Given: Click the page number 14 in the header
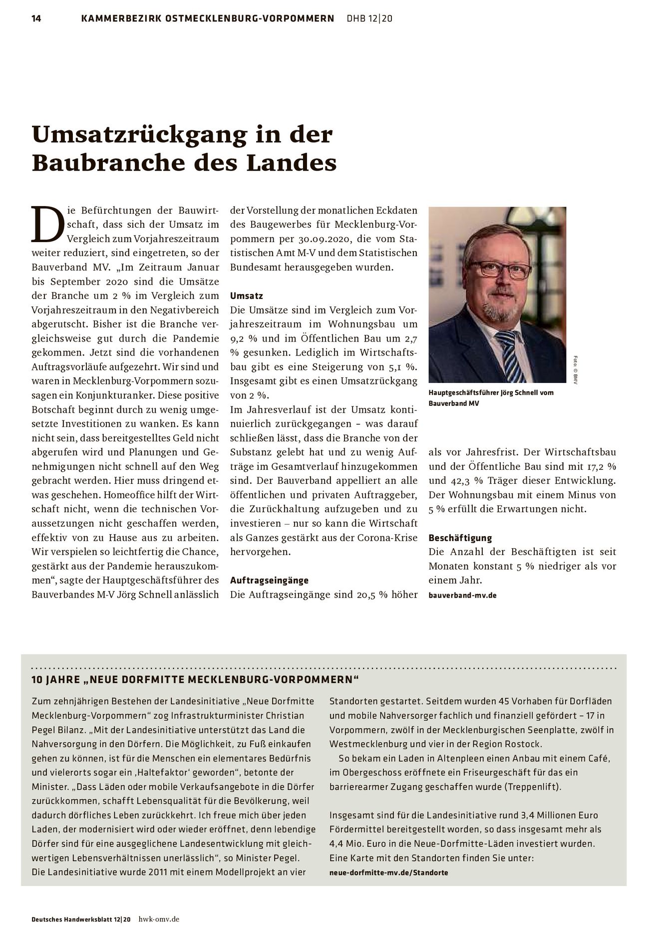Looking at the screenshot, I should coord(36,19).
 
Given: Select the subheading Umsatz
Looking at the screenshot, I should coord(246,296).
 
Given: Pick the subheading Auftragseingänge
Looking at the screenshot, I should coord(269,580).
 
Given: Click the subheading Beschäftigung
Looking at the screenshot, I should coord(460,538).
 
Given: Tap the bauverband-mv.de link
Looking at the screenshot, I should coord(462,595).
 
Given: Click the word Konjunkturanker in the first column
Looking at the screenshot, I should coord(108,395).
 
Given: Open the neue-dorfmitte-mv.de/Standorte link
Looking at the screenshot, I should coord(388,873).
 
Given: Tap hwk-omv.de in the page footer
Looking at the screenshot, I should coord(159,919).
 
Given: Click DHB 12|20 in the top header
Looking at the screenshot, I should coord(369,19).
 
